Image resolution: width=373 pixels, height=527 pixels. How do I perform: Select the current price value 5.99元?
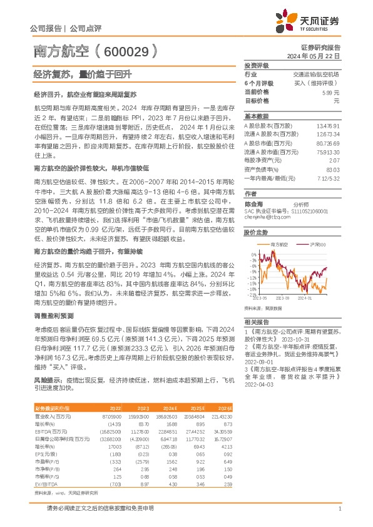[x=331, y=92]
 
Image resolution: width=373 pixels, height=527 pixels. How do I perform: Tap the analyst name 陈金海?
[x=254, y=205]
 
